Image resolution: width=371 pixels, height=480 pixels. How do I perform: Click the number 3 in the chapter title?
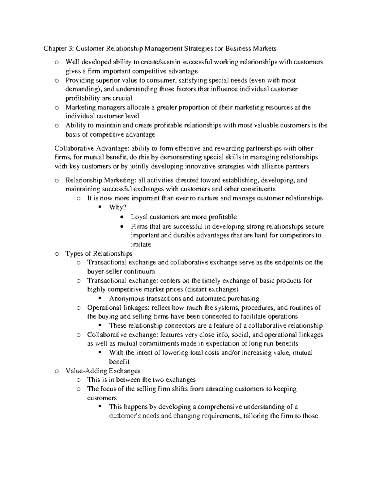coord(71,49)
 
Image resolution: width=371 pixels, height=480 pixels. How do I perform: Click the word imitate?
coord(141,244)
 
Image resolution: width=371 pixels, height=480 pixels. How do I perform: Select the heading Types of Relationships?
coord(99,253)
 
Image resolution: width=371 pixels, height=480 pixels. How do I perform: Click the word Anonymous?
coord(126,299)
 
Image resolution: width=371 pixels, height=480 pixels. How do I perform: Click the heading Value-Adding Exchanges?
coord(103,371)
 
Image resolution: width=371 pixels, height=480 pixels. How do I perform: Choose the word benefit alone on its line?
coord(119,362)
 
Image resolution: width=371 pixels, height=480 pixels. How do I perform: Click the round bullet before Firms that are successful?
coord(122,226)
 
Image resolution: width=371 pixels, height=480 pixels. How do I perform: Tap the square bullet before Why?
coord(100,207)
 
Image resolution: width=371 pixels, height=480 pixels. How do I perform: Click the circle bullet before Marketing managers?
coord(56,108)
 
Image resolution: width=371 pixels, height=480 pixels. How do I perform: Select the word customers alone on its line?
coord(102,398)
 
